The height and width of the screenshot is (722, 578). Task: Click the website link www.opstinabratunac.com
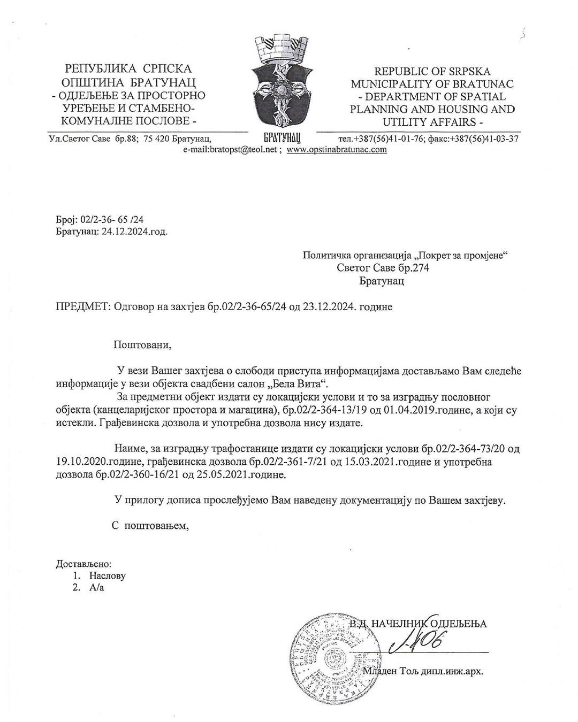(x=337, y=150)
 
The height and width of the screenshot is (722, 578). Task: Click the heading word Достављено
(x=83, y=563)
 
